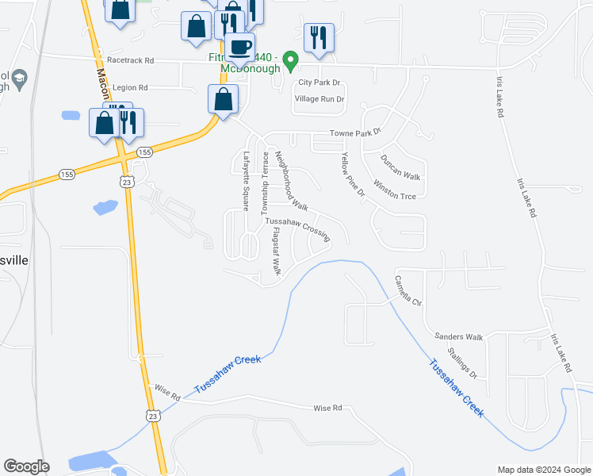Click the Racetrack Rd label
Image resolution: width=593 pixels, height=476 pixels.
(128, 60)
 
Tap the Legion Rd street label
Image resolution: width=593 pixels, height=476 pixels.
(131, 88)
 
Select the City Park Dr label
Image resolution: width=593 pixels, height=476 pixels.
(319, 83)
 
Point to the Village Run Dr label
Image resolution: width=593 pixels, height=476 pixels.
(319, 99)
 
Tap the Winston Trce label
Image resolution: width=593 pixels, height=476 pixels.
(394, 190)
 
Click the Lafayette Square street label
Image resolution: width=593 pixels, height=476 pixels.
(247, 181)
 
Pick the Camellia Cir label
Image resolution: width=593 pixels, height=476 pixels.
(407, 291)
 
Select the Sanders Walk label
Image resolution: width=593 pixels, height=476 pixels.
(458, 337)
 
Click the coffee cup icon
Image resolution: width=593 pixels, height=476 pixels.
(239, 46)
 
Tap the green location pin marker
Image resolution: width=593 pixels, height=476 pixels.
(291, 59)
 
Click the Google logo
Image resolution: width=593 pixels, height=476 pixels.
(26, 466)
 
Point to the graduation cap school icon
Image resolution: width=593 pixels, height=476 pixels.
(17, 79)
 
